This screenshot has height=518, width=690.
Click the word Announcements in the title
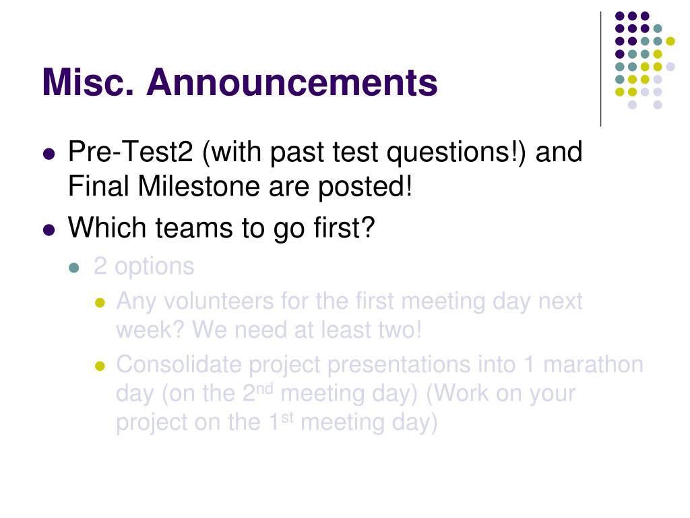tap(292, 82)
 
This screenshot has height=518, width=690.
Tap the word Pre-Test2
tap(130, 152)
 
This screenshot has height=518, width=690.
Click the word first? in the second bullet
tap(344, 228)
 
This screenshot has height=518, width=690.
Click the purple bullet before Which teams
tap(49, 230)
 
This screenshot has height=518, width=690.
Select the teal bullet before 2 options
tap(74, 268)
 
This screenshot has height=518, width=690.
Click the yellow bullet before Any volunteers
tap(100, 303)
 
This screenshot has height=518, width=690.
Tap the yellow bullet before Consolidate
tap(100, 366)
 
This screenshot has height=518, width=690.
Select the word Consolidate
tap(178, 365)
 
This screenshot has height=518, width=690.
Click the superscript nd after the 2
tap(264, 389)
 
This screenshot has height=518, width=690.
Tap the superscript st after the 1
tap(287, 418)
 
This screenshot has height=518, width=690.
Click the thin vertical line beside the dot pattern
tap(600, 69)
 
